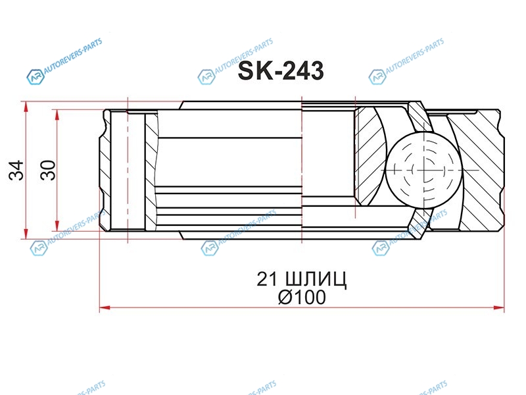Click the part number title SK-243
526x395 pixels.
281,71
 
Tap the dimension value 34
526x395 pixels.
16,171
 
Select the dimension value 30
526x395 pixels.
48,171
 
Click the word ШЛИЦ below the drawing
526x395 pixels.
316,279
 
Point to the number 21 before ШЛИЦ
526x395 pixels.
268,278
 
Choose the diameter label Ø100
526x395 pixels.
302,298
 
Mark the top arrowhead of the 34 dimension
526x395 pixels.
26,107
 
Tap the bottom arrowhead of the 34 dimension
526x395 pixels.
26,234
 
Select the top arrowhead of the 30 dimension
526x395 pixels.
57,115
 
